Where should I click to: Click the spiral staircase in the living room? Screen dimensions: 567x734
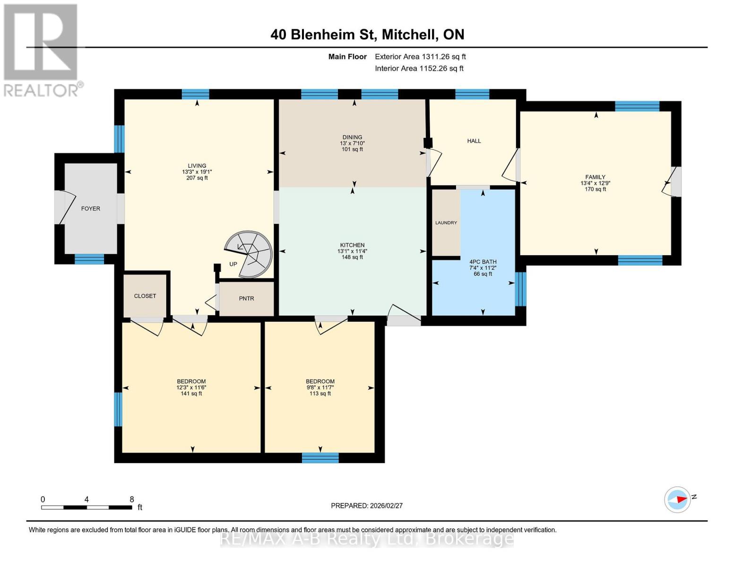pyautogui.click(x=249, y=254)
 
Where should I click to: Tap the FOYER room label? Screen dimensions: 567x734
pyautogui.click(x=90, y=208)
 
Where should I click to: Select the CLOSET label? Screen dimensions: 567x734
pyautogui.click(x=145, y=296)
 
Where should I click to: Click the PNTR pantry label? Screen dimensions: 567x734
pyautogui.click(x=246, y=298)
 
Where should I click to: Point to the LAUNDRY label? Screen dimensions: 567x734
pyautogui.click(x=446, y=223)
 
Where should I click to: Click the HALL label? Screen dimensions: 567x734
pyautogui.click(x=474, y=141)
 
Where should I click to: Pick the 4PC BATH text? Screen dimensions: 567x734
pyautogui.click(x=483, y=262)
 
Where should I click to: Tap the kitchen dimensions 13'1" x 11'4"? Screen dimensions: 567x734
pyautogui.click(x=352, y=251)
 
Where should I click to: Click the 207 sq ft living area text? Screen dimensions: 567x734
pyautogui.click(x=197, y=178)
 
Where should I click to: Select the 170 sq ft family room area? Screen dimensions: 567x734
pyautogui.click(x=595, y=189)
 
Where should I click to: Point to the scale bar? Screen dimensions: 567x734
pyautogui.click(x=86, y=507)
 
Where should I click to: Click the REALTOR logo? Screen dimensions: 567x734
pyautogui.click(x=41, y=50)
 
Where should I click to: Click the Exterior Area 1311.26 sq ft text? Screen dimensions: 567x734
pyautogui.click(x=420, y=57)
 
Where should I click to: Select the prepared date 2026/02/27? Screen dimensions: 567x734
pyautogui.click(x=367, y=506)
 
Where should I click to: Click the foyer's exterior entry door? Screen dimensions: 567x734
pyautogui.click(x=60, y=207)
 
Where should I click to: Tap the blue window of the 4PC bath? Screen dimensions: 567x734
pyautogui.click(x=520, y=289)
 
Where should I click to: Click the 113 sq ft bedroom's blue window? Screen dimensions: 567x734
pyautogui.click(x=320, y=457)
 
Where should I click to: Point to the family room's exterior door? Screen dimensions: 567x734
pyautogui.click(x=675, y=181)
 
